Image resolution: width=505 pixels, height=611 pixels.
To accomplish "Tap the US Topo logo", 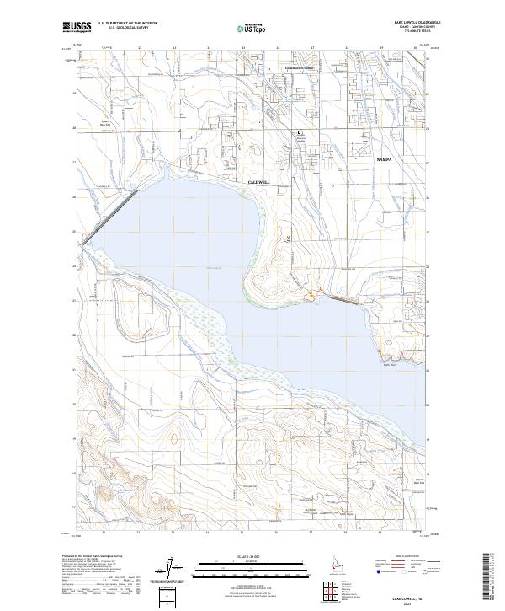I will pos(252,28).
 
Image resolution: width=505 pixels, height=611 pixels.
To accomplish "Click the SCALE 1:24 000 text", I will pos(252,555).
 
